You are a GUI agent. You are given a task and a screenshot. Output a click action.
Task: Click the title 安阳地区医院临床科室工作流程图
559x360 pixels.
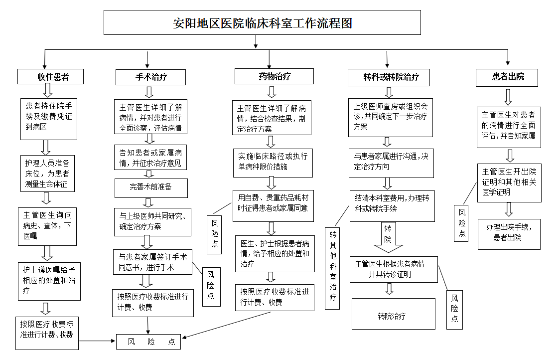262,23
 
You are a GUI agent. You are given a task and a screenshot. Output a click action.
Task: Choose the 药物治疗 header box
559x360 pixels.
275,76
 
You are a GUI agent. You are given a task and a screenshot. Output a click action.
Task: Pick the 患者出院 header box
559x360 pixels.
508,77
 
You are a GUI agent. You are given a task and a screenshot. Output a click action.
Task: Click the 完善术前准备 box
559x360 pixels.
151,187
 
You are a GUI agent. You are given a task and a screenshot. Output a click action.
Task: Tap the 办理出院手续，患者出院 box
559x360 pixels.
509,232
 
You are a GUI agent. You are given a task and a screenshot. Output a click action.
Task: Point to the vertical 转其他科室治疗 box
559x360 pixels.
332,268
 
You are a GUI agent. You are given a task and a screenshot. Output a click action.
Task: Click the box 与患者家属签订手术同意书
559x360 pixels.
152,262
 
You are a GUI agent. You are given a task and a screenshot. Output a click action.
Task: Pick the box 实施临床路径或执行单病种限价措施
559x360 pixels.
273,162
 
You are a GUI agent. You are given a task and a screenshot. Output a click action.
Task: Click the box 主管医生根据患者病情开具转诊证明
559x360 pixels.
390,269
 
